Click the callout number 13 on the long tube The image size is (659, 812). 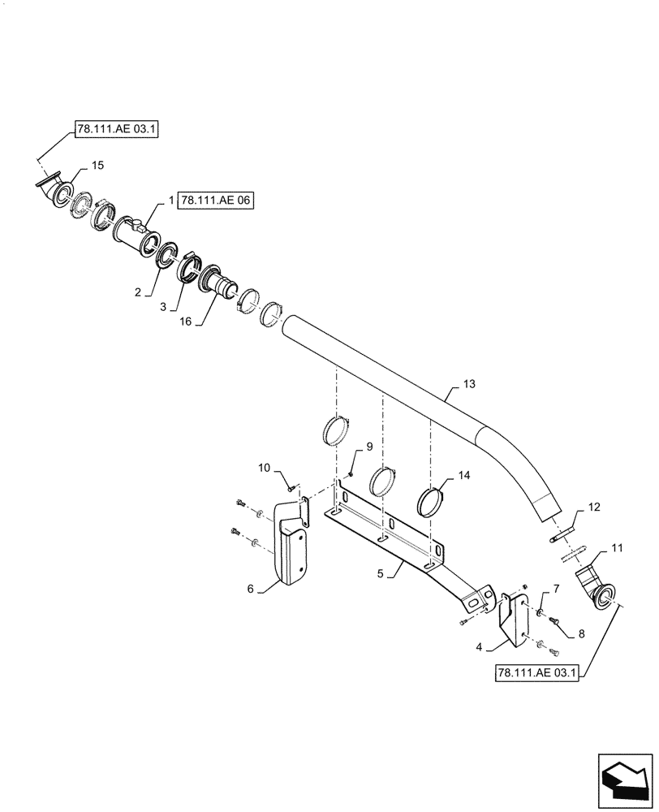tap(470, 383)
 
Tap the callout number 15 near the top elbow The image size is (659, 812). tap(97, 166)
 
